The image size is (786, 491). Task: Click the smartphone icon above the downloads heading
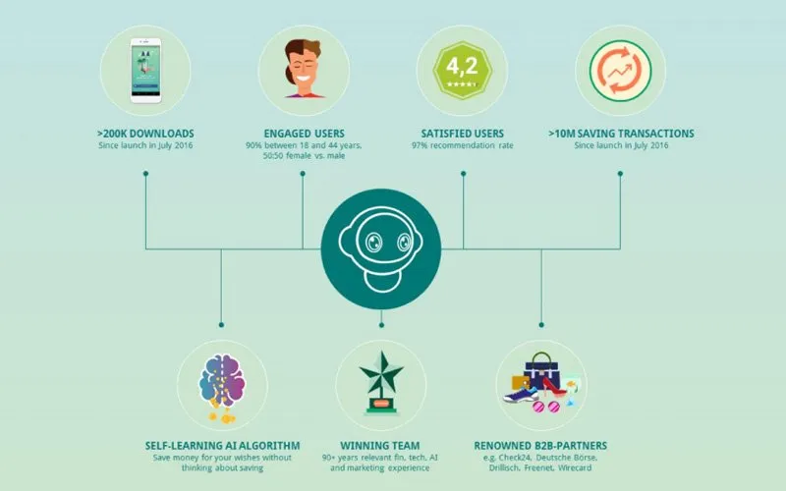point(145,71)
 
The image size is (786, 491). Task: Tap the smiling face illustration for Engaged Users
point(304,69)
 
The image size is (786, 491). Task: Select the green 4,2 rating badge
point(462,70)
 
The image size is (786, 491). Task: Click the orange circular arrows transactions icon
point(621,71)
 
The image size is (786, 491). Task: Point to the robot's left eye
point(372,243)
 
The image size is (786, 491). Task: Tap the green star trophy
point(381,383)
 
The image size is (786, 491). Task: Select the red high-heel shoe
point(554,387)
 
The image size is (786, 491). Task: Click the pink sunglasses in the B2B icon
point(546,407)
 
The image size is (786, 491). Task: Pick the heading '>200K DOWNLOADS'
point(145,134)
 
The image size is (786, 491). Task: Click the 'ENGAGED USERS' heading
point(305,134)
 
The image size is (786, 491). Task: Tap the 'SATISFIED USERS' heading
point(462,134)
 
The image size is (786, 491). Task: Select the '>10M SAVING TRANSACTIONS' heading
point(621,134)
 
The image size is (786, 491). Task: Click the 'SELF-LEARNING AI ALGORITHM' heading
point(223,446)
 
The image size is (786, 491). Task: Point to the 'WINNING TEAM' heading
point(380,446)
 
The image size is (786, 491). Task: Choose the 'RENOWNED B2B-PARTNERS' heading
point(540,446)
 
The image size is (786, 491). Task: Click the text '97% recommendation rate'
point(463,145)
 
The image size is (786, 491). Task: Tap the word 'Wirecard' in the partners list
point(575,468)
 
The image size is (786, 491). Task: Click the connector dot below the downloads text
point(145,174)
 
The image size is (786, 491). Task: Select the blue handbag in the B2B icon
point(542,371)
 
